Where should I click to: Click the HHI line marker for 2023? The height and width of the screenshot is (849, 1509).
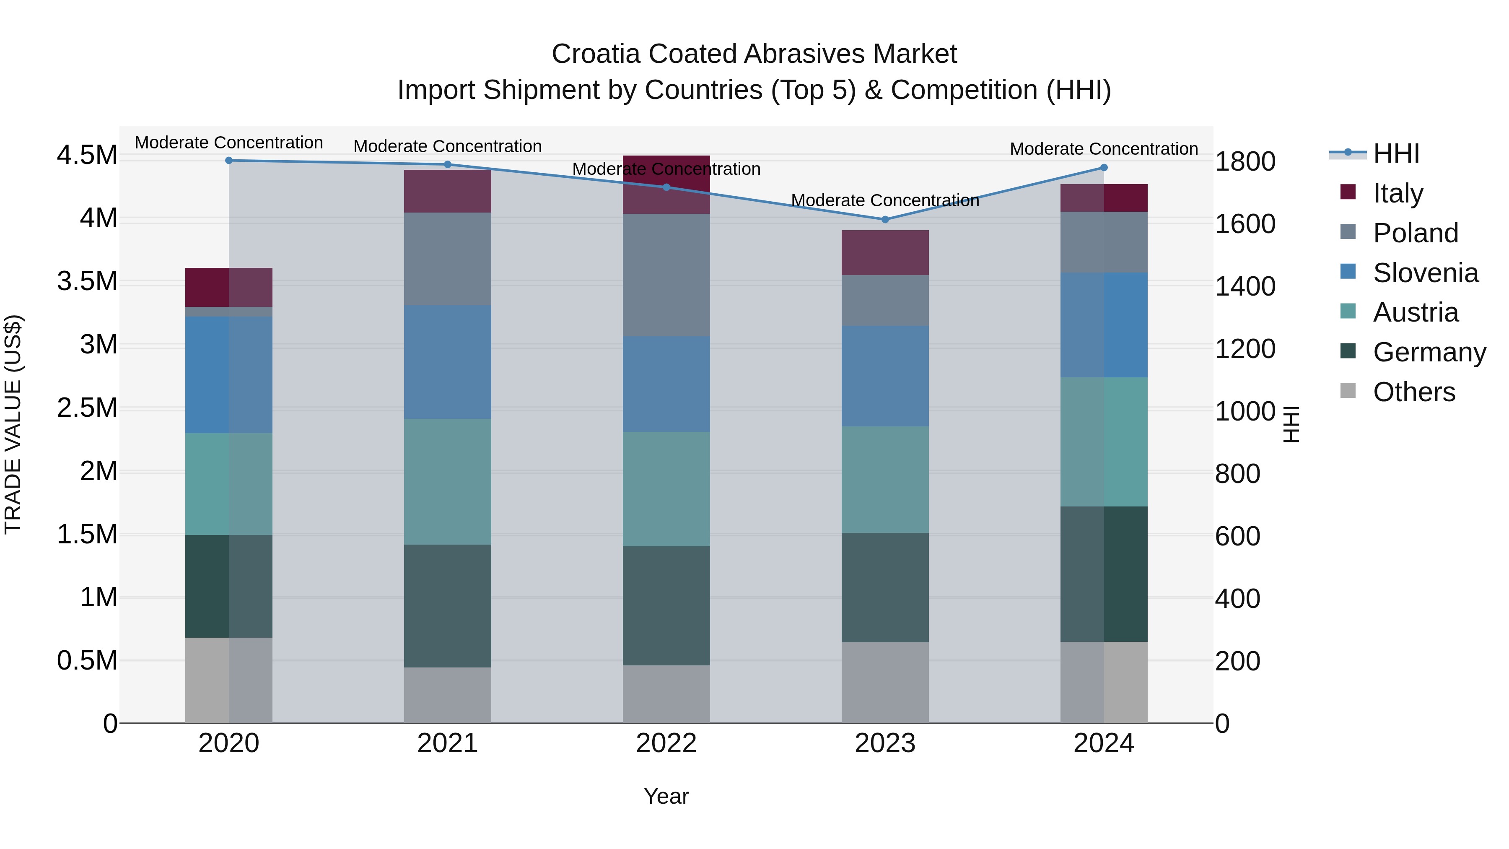(x=885, y=220)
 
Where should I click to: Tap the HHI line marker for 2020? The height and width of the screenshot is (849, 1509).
(x=229, y=161)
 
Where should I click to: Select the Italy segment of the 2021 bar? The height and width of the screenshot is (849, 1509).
(x=448, y=192)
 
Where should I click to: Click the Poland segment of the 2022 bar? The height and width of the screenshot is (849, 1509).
(x=666, y=275)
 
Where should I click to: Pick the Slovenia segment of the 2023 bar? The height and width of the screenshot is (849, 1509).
(x=885, y=376)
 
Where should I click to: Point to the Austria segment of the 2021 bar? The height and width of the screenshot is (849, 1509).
(x=448, y=482)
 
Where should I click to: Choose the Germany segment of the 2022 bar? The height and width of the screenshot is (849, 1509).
(x=666, y=606)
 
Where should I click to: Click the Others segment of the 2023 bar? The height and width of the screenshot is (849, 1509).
(x=885, y=683)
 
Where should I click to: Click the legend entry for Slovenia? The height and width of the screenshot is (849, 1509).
(x=1425, y=273)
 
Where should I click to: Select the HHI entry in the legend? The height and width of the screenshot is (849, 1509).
(x=1396, y=153)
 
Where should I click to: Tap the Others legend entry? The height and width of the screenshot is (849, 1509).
(x=1413, y=392)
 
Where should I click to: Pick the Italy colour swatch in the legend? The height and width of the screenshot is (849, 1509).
(x=1348, y=192)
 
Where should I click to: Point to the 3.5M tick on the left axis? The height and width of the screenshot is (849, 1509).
(x=87, y=281)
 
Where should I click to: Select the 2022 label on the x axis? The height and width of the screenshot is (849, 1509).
(x=666, y=743)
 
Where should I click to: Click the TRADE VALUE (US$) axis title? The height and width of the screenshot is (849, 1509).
(x=13, y=424)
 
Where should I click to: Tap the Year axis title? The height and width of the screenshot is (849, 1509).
(x=666, y=796)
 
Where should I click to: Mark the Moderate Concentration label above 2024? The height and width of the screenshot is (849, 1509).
(x=1104, y=149)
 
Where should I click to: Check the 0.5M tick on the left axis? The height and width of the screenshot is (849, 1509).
(x=87, y=660)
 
